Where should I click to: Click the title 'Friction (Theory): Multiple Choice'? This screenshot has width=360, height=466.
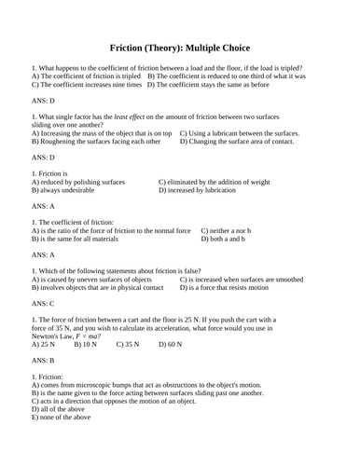pyautogui.click(x=180, y=47)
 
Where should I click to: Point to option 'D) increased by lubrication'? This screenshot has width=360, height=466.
pyautogui.click(x=199, y=190)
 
